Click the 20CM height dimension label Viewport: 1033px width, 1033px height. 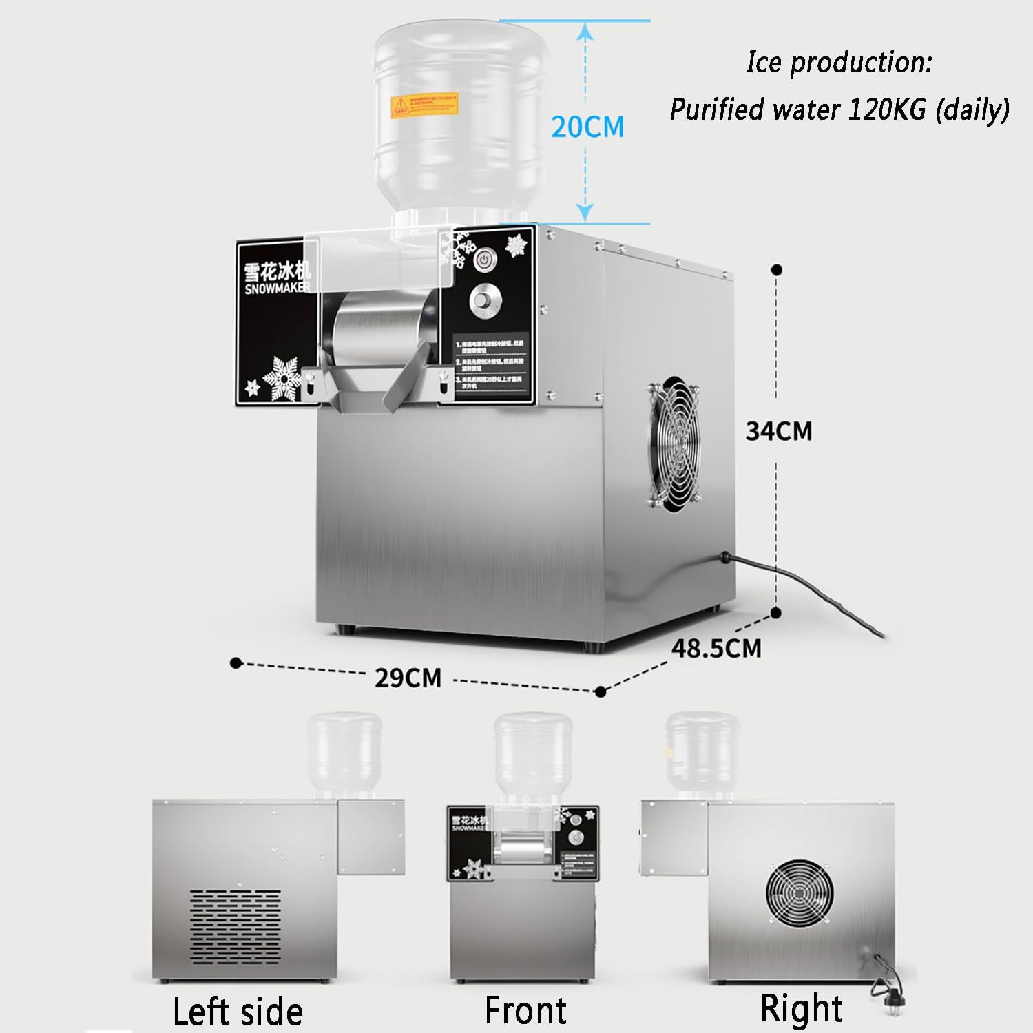(587, 127)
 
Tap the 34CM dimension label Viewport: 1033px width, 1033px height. (779, 431)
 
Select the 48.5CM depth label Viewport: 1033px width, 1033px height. (716, 648)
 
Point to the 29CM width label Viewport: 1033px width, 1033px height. (408, 678)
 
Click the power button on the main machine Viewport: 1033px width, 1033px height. (484, 261)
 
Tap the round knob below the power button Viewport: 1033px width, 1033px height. (486, 302)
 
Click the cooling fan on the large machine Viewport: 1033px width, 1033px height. (674, 444)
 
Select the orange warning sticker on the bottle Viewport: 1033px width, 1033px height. (424, 105)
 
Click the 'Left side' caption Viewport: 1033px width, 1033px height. (237, 1011)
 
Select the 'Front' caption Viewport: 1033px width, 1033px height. (525, 1010)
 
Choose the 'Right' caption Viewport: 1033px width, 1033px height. (800, 1008)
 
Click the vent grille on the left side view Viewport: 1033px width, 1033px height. (235, 926)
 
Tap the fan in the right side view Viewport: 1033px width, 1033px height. (799, 893)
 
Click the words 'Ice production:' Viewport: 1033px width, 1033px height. (839, 62)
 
